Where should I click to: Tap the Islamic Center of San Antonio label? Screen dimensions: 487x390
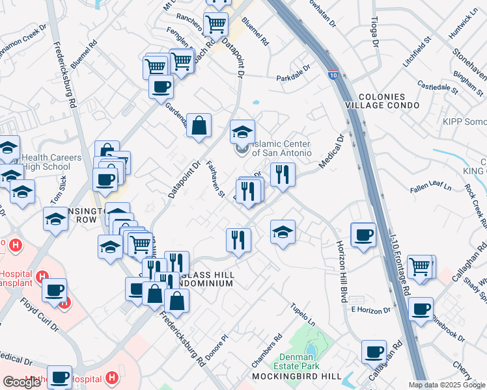pos(281,148)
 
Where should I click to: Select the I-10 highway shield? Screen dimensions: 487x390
pos(332,76)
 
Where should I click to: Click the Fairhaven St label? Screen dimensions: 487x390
pos(216,179)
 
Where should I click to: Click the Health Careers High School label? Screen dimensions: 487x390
pos(51,162)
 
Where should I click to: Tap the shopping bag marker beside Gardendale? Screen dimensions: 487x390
pos(199,125)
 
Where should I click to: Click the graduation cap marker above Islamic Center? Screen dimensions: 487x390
pos(242,131)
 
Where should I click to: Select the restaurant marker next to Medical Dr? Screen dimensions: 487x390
pos(283,175)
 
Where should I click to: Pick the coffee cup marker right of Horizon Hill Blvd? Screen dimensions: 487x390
pos(363,235)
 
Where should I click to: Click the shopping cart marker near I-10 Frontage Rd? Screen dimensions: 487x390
pos(421,266)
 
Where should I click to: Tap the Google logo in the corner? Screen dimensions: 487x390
pos(21,382)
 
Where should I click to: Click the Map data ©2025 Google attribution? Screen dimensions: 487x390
pos(446,385)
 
